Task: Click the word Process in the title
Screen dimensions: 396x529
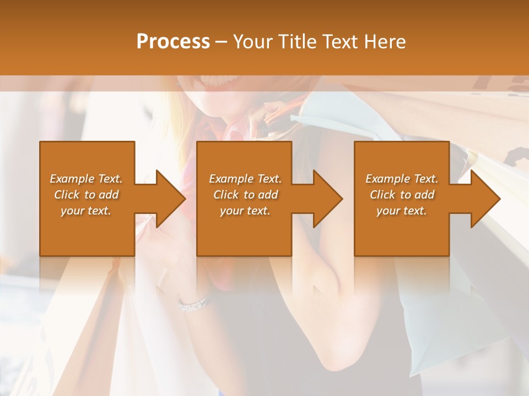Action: [x=173, y=41]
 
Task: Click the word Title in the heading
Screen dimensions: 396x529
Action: [x=295, y=41]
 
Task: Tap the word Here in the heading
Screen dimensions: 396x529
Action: [x=384, y=41]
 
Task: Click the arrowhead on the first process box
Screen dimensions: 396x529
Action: [x=168, y=199]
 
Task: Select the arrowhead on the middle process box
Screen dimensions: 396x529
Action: [x=325, y=199]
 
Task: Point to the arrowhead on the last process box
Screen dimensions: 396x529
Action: [x=483, y=199]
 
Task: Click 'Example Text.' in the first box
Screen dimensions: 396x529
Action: [x=87, y=179]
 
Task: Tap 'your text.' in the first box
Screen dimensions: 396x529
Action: [x=86, y=211]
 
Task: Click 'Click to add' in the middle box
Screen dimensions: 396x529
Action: [x=245, y=195]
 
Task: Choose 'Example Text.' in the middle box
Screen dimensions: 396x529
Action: [x=245, y=179]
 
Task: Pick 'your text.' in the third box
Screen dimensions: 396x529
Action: [x=402, y=211]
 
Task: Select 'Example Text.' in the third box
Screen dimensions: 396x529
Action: [x=402, y=179]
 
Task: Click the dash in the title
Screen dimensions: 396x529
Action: [x=222, y=42]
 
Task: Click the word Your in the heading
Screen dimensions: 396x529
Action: [x=253, y=41]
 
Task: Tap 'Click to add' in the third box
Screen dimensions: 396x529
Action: [x=402, y=195]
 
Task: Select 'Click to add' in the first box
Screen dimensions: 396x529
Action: [x=87, y=195]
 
